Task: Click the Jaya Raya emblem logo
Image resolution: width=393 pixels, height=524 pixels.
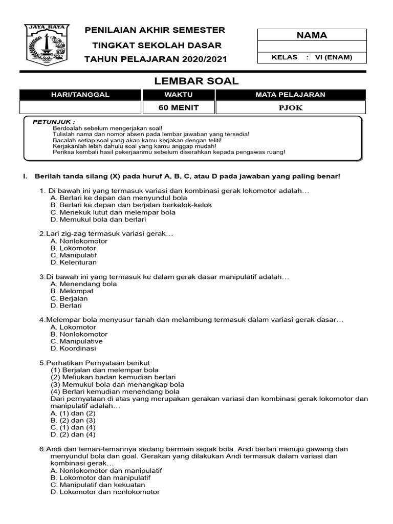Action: tap(46, 45)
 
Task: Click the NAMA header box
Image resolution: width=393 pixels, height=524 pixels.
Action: tap(312, 35)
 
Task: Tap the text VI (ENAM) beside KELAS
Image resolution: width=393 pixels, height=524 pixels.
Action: tap(334, 57)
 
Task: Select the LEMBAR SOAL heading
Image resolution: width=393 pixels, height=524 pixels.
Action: tap(196, 81)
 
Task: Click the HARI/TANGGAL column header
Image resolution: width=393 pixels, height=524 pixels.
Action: tap(80, 95)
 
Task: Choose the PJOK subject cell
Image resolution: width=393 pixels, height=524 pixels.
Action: tap(291, 107)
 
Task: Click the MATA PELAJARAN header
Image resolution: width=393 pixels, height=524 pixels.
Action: tap(291, 95)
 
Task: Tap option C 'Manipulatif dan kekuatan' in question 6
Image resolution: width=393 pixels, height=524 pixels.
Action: tap(98, 485)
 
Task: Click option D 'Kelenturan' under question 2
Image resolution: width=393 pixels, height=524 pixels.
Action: tap(74, 263)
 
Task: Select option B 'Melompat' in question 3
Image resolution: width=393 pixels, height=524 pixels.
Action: tap(72, 291)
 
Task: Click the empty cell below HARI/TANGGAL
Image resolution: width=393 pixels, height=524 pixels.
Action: tap(80, 107)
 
